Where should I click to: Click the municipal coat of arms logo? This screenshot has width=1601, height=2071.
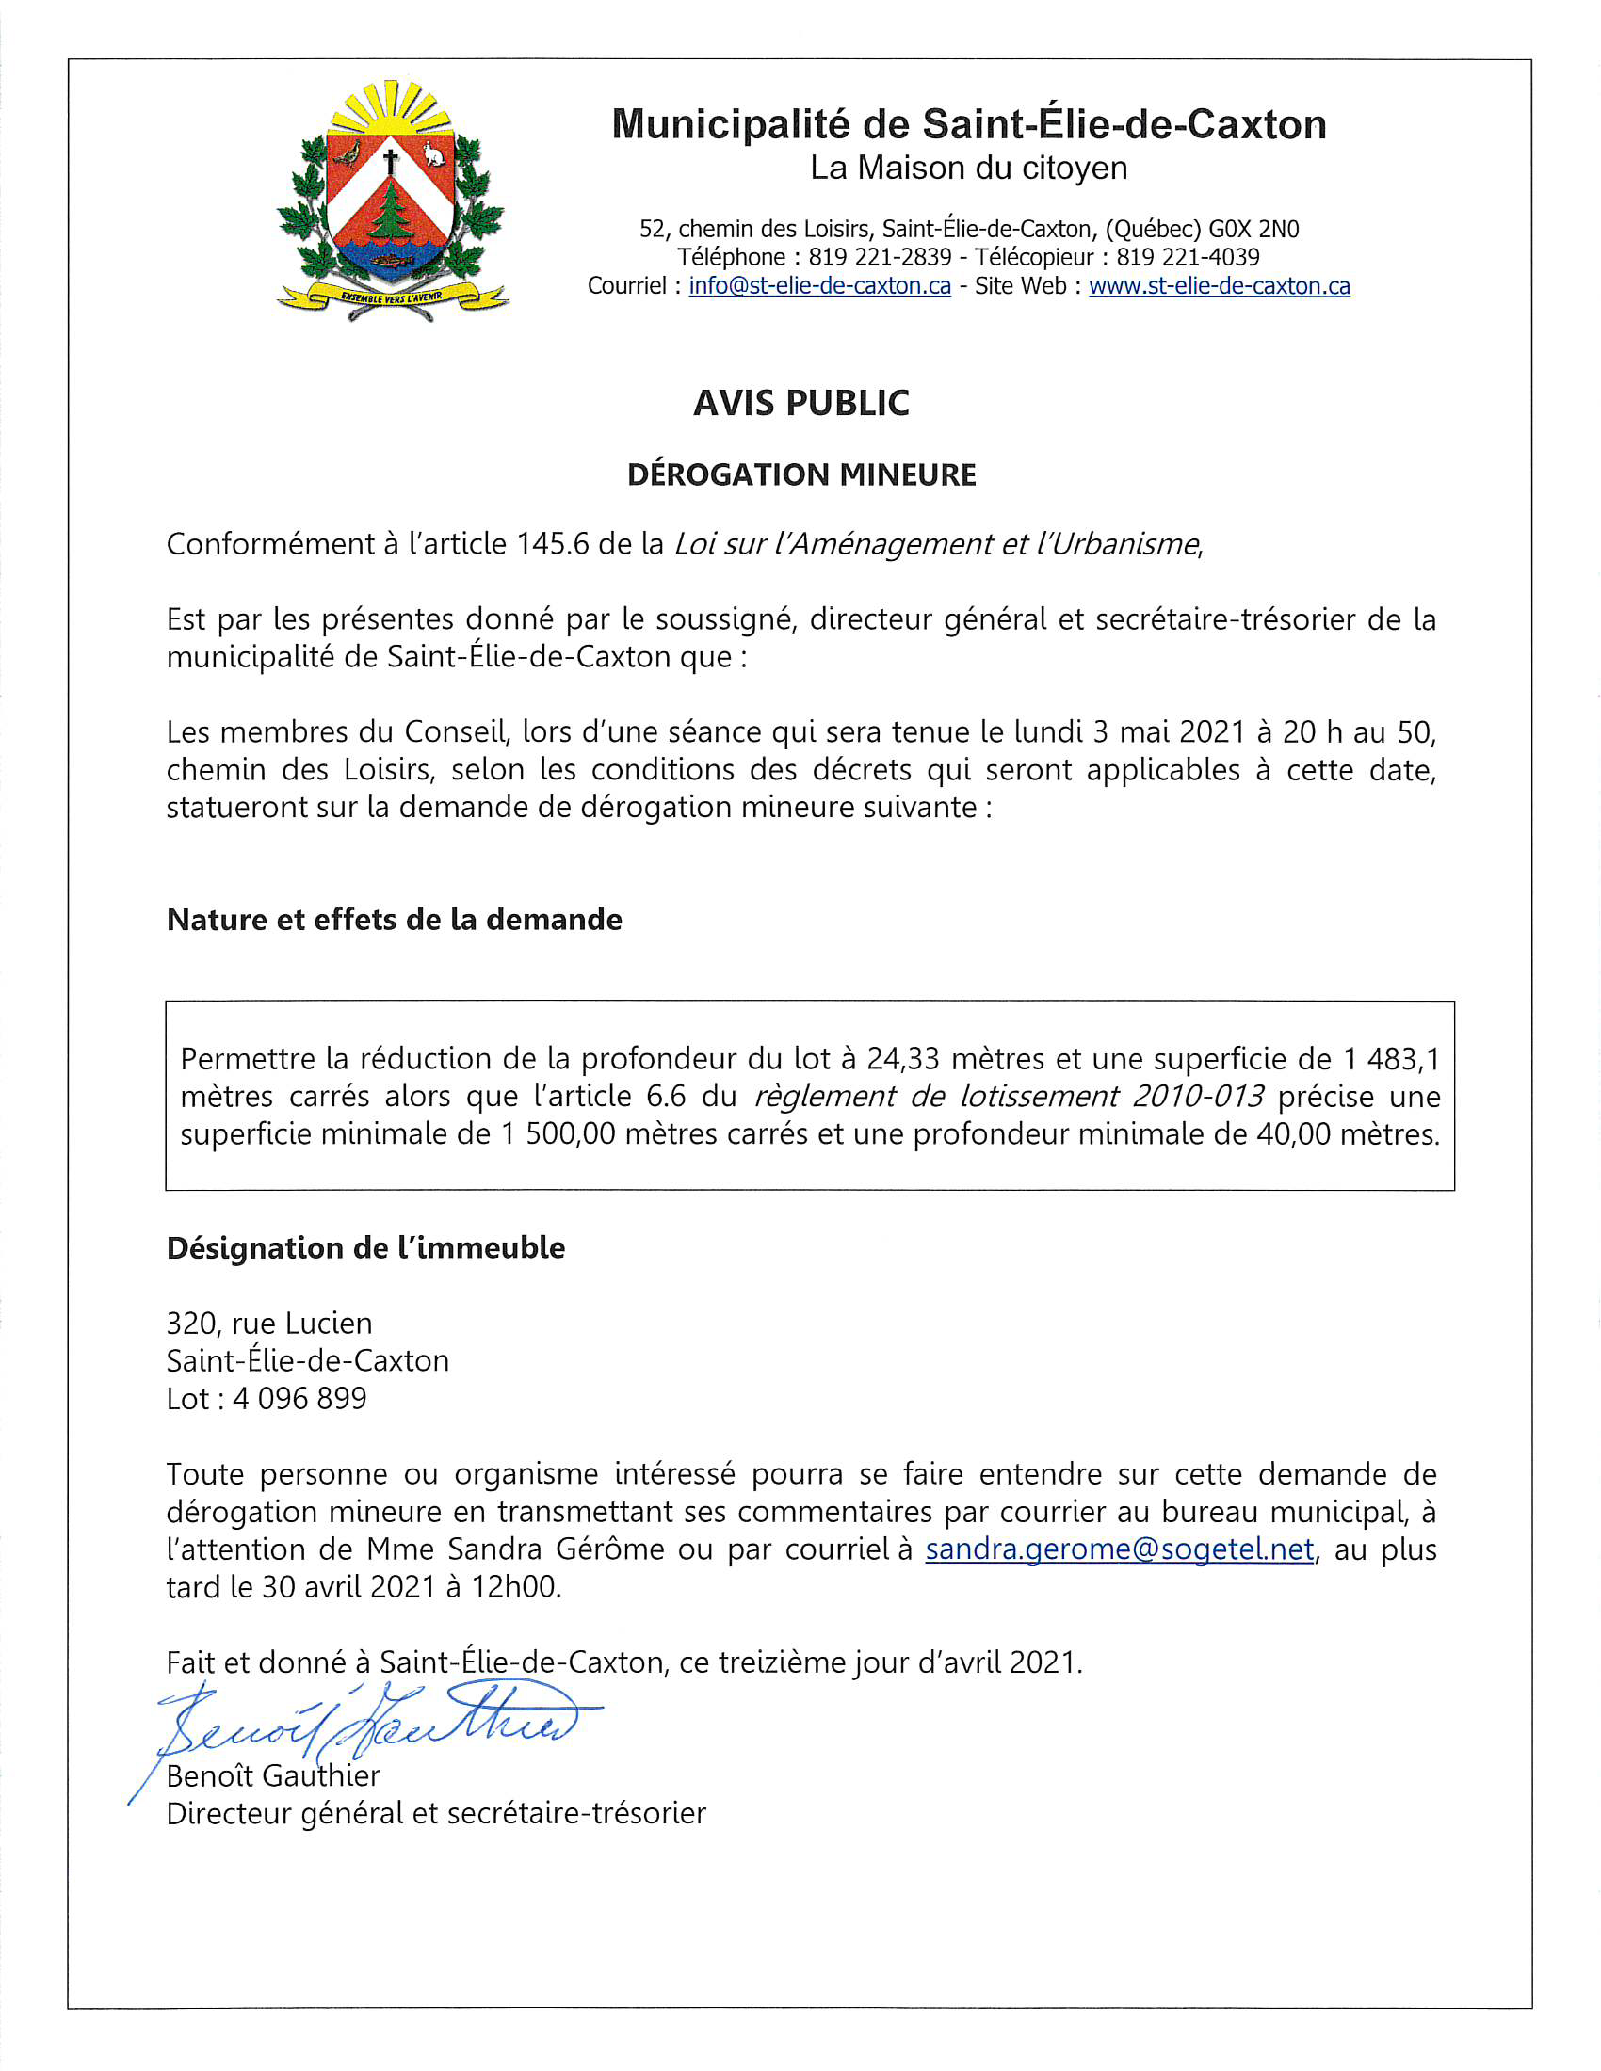[x=391, y=202]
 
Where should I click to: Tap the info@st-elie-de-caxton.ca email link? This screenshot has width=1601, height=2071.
[x=819, y=286]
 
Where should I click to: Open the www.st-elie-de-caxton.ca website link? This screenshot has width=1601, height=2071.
[x=1219, y=286]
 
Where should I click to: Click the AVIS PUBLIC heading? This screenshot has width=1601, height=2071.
[x=800, y=403]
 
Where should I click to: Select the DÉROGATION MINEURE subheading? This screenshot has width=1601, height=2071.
[x=800, y=474]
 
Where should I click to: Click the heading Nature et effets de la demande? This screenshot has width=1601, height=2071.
[x=394, y=919]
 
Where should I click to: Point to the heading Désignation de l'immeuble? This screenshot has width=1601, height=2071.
[x=365, y=1248]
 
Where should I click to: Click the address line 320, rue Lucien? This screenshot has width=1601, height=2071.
[x=269, y=1323]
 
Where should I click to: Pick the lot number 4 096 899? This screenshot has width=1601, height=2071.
[x=299, y=1399]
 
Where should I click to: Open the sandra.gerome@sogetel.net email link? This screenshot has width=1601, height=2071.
[x=1119, y=1549]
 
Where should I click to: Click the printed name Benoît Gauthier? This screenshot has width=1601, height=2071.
[x=273, y=1775]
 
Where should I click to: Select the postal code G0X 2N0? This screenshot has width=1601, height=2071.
[x=1253, y=230]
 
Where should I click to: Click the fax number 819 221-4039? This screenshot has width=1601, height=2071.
[x=1188, y=258]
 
